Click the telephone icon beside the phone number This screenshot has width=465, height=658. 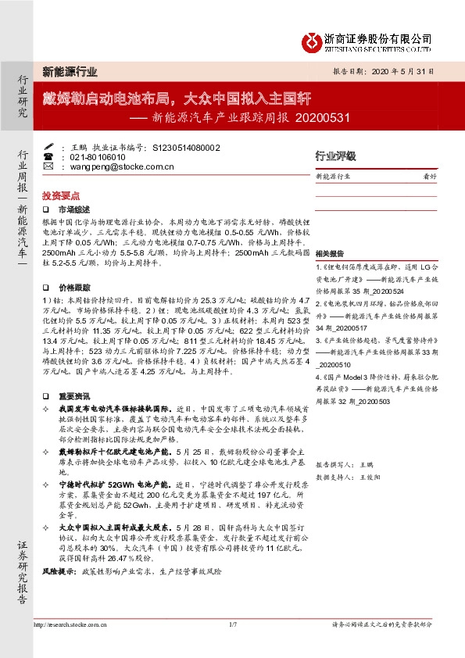(x=48, y=157)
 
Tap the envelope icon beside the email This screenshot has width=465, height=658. (x=48, y=166)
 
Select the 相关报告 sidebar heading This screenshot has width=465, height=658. (x=328, y=256)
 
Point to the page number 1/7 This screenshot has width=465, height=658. (x=232, y=624)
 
